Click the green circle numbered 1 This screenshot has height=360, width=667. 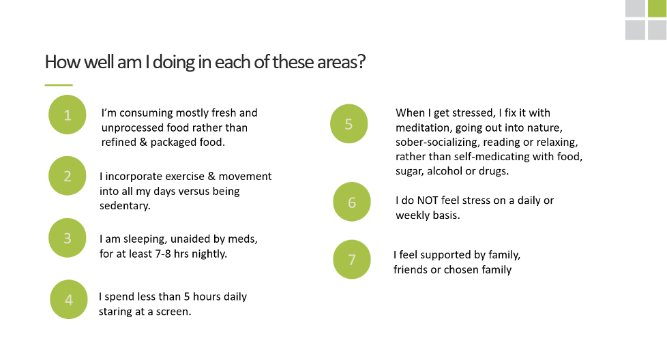click(68, 115)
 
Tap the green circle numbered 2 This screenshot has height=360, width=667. click(68, 176)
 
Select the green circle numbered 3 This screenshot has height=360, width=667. click(68, 238)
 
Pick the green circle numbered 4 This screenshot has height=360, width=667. click(69, 299)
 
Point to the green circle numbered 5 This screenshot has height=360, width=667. click(349, 123)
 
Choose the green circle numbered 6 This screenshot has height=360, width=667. click(352, 202)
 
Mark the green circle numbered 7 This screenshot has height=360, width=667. click(352, 260)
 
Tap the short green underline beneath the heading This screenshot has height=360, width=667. click(59, 85)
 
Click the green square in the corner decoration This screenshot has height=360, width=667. click(657, 8)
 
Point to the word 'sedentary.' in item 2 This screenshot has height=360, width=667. click(125, 206)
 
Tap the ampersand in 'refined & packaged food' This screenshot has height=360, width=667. click(143, 142)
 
